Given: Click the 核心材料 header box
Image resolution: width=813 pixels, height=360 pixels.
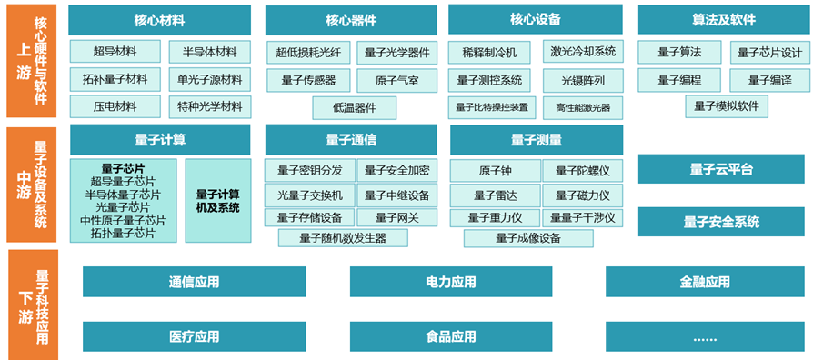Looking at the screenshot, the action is pos(160,20).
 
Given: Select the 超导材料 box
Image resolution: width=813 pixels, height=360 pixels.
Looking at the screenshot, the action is pos(115,51).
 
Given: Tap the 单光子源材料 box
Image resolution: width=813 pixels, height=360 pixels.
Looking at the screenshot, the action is pos(210,79).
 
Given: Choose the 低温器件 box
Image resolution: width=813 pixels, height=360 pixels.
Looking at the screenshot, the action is pos(354,108).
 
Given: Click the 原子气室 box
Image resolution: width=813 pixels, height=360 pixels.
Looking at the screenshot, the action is pos(397,80).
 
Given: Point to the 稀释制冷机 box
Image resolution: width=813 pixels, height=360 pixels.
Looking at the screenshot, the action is pos(489,53).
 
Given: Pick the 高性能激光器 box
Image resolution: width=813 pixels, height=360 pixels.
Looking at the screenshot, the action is pos(583,108).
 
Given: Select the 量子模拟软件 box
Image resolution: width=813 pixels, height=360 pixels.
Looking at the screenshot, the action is pos(727,106).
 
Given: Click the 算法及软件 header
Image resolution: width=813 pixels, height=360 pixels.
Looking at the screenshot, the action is pos(724,20).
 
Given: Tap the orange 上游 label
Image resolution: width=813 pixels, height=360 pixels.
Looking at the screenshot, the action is pos(24,61).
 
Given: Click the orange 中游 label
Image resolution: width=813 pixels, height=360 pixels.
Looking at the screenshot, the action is pos(24,185).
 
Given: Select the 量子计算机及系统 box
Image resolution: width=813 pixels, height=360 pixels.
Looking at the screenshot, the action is pos(217,201).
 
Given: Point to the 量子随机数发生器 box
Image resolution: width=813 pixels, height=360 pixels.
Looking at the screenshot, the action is pos(343,238).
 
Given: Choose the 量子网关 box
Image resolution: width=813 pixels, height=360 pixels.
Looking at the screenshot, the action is pos(397,217).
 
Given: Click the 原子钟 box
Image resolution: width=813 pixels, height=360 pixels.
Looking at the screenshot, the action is pos(495,170).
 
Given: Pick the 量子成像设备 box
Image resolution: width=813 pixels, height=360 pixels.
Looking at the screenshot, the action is pos(528,238).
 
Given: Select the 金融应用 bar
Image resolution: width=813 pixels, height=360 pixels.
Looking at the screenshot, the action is pos(705,282).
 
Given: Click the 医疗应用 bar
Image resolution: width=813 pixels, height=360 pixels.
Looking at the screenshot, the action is pos(195,336).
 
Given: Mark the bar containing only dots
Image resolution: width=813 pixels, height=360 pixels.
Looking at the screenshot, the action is pos(705,336).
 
